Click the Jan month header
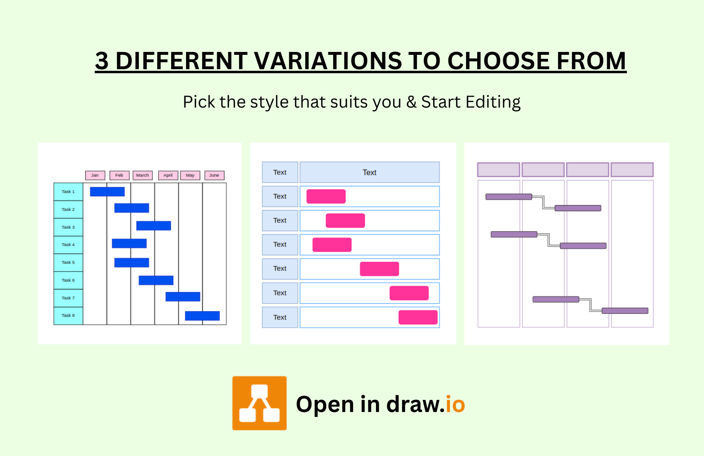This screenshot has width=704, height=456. [x=95, y=175]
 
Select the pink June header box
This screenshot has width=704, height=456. [x=214, y=175]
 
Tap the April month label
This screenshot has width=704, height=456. [x=168, y=175]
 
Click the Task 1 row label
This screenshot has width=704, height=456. [x=68, y=192]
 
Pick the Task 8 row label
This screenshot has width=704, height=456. [x=68, y=316]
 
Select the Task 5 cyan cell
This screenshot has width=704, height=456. [x=68, y=262]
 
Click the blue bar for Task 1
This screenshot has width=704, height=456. [x=107, y=192]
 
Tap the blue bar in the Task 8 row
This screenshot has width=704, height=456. [x=202, y=316]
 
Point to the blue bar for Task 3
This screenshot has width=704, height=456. [x=154, y=226]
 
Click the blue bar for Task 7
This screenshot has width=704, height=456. [x=183, y=296]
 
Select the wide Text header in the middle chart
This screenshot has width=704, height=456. [x=370, y=172]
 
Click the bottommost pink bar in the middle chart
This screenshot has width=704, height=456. [x=418, y=317]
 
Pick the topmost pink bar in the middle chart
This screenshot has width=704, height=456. [x=326, y=196]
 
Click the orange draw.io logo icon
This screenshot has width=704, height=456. [x=260, y=403]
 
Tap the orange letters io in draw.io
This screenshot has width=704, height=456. [x=455, y=404]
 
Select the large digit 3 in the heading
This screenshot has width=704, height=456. [x=102, y=61]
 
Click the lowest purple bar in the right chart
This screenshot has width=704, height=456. [x=625, y=311]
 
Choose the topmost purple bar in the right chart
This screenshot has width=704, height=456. [x=509, y=197]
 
